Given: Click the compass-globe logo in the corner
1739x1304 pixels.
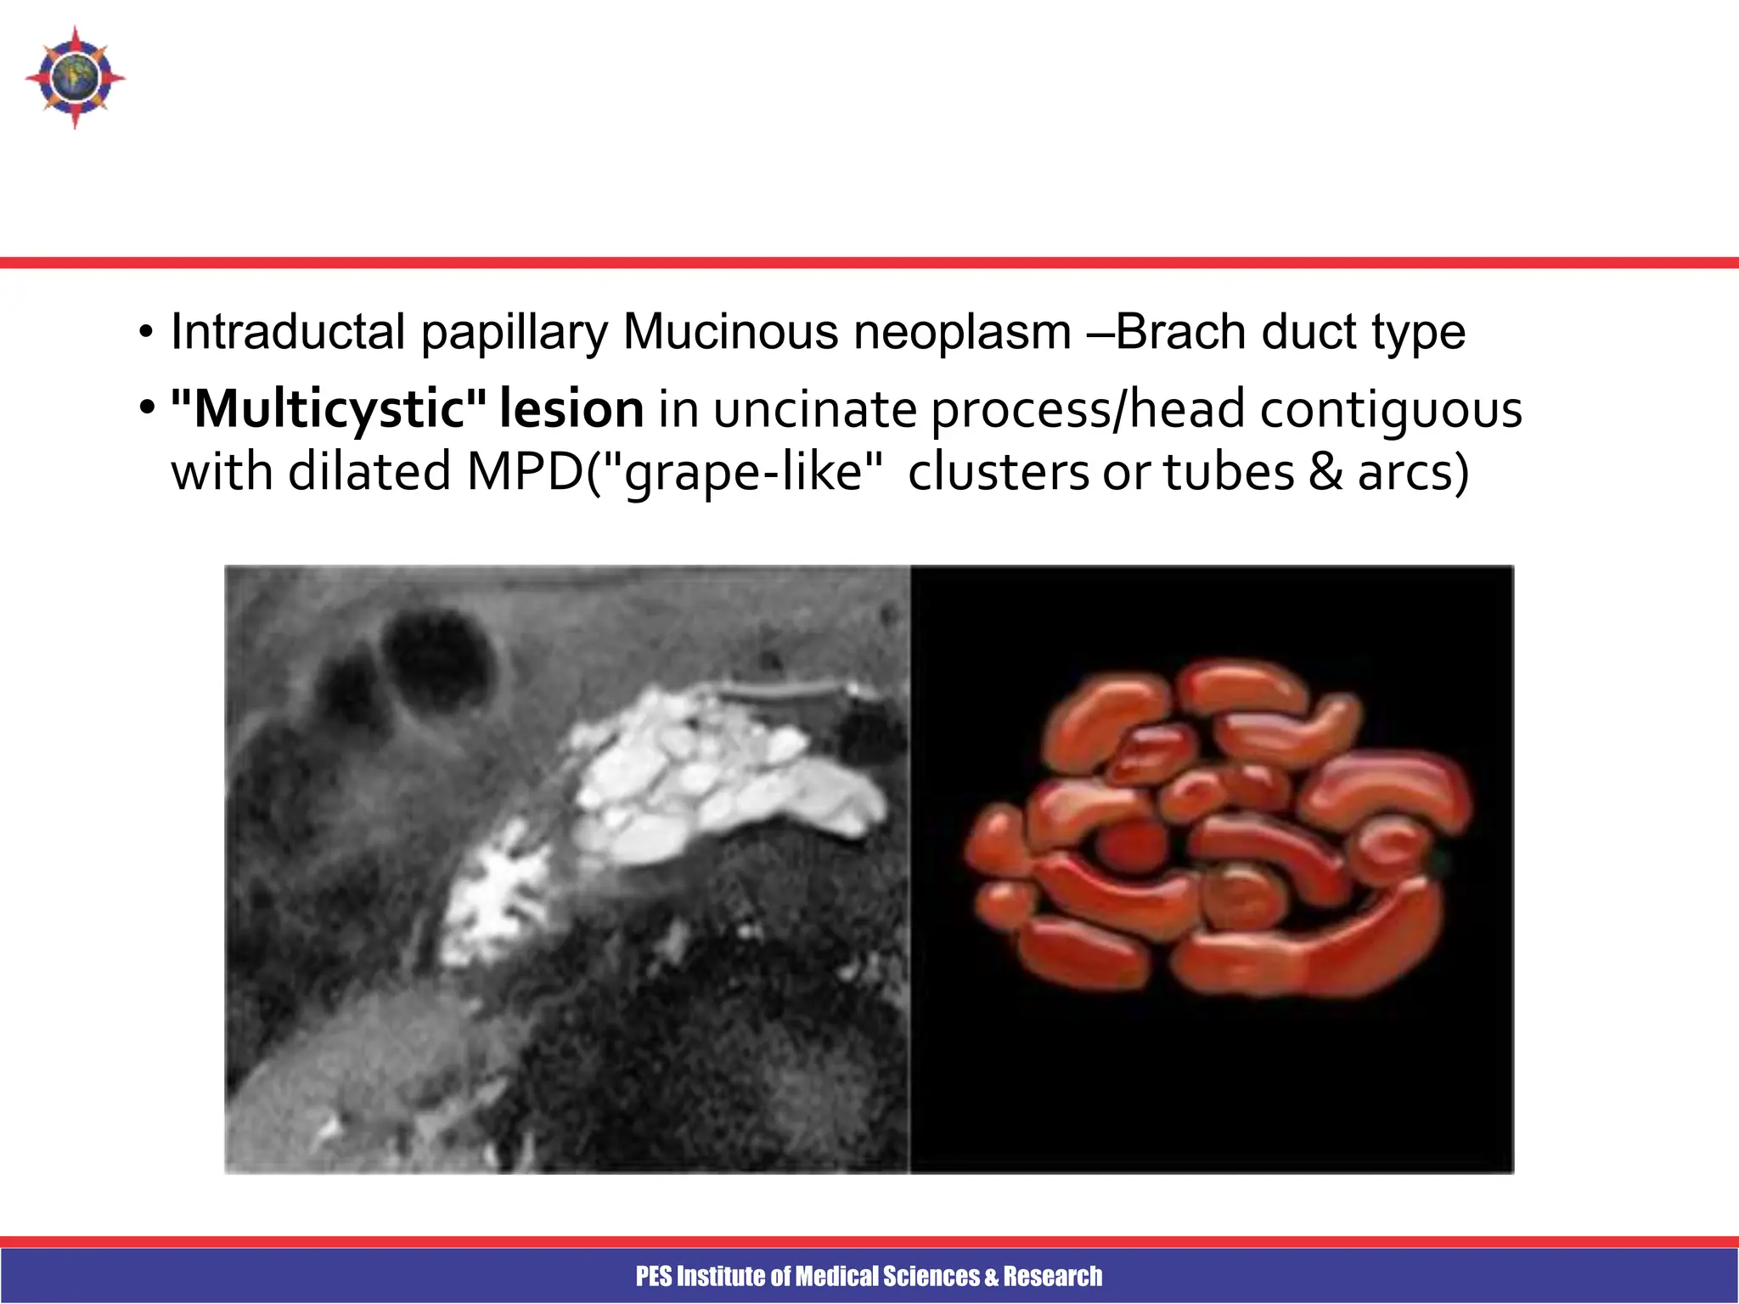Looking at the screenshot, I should pyautogui.click(x=75, y=77).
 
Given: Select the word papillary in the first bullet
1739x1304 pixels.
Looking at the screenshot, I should pyautogui.click(x=515, y=333).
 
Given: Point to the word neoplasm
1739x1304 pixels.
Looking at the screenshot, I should pyautogui.click(x=962, y=333).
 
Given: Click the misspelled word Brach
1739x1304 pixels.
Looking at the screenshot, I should pyautogui.click(x=1181, y=331).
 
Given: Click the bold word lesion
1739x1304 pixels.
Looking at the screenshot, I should pyautogui.click(x=571, y=409).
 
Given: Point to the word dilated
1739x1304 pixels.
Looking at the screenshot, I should pyautogui.click(x=369, y=472).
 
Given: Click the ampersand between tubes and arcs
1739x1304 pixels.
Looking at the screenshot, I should pyautogui.click(x=1325, y=472).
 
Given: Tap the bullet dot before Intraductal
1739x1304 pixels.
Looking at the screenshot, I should pyautogui.click(x=146, y=333).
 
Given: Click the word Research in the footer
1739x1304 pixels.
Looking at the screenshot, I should pyautogui.click(x=1053, y=1276).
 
